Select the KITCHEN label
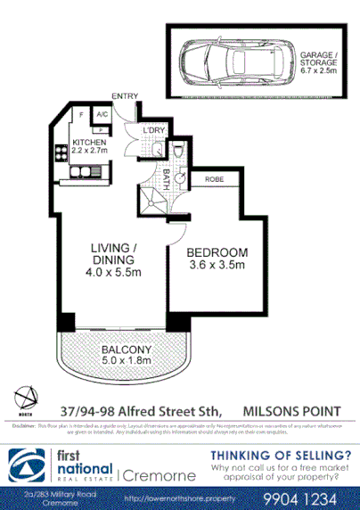click(x=89, y=143)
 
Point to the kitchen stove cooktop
click(x=63, y=151)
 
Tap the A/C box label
click(x=102, y=115)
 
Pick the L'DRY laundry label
click(x=154, y=131)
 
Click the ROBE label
click(x=214, y=178)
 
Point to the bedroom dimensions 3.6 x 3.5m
click(x=217, y=266)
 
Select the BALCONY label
click(x=126, y=349)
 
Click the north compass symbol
click(x=28, y=399)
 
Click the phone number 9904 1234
click(x=306, y=497)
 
